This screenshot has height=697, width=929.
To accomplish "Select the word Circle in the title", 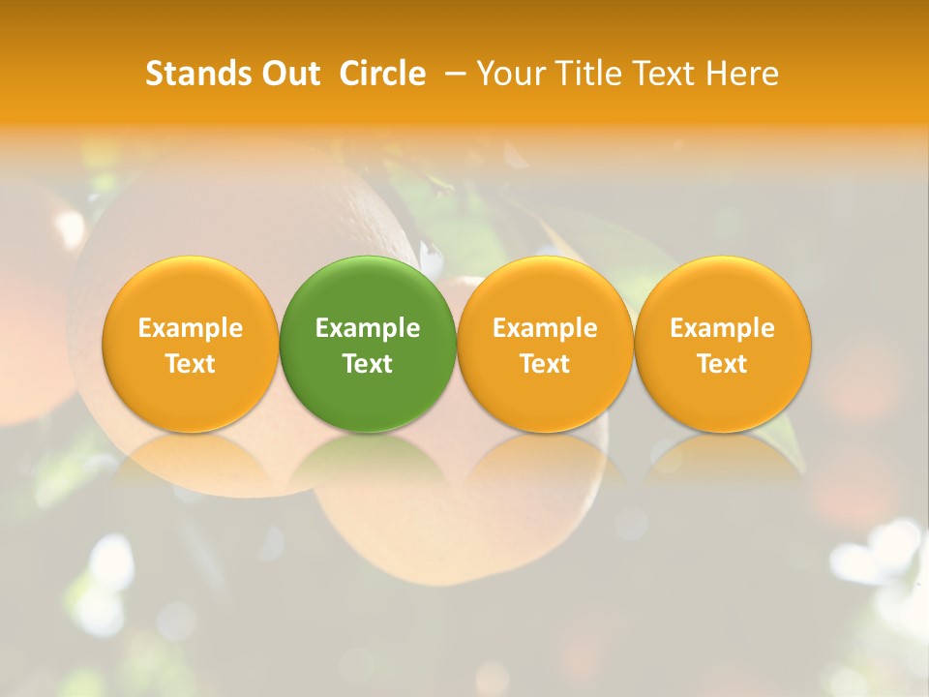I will coord(382,74).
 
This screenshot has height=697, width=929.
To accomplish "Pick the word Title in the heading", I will coord(584,74).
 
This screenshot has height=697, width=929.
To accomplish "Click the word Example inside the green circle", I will coord(368,328).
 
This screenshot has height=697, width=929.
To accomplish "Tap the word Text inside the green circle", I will coord(368,364).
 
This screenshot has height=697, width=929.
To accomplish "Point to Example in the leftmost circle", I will coord(190,328).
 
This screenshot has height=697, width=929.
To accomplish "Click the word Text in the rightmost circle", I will coord(723,364).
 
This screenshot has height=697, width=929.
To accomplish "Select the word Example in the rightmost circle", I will coord(723,328).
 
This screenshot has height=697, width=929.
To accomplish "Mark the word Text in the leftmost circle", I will coord(190,364).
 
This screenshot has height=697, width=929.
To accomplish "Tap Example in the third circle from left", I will coord(545,328).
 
